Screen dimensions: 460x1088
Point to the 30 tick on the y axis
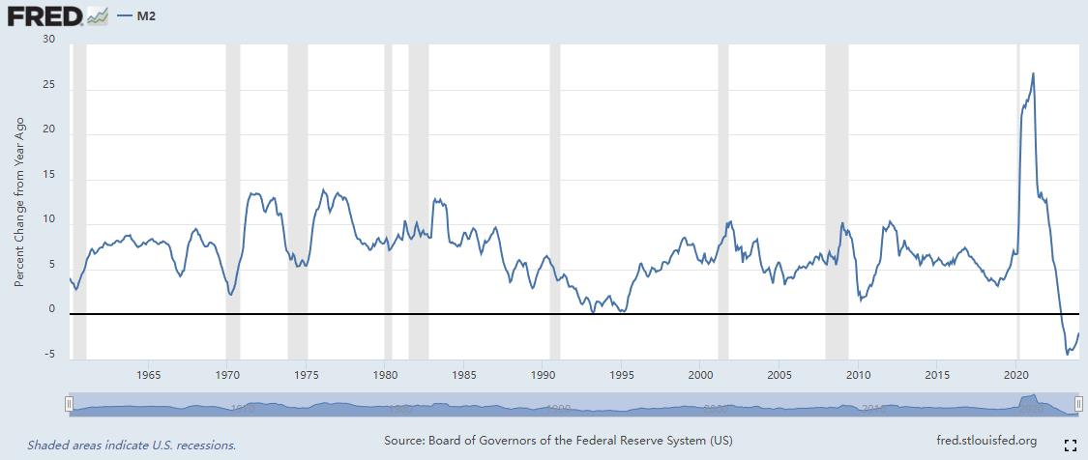48,40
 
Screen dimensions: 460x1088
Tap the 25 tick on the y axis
48,86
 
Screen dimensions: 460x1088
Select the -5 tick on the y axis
48,355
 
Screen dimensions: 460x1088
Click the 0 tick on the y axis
51,309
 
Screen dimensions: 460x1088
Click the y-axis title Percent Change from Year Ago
19,202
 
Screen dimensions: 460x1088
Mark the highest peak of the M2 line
1034,73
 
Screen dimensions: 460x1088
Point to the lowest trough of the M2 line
1067,355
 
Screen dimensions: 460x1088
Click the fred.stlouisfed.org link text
986,441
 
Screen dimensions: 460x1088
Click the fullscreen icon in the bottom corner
1070,445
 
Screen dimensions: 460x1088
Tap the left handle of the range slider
69,405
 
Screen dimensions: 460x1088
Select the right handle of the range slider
1078,405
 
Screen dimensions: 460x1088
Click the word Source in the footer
406,441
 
